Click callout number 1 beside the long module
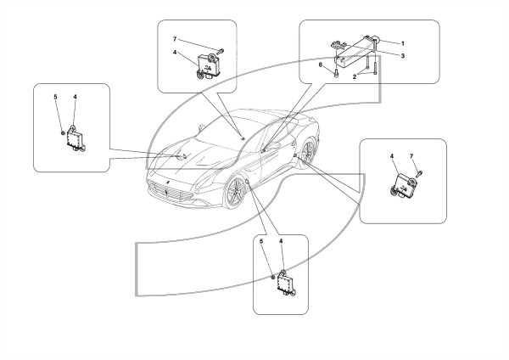[x=403, y=43]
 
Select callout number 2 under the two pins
[x=355, y=77]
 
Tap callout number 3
[x=403, y=56]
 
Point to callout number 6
[x=321, y=65]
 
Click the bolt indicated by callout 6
[x=337, y=73]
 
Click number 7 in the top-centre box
[x=175, y=39]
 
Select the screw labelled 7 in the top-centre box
[x=221, y=51]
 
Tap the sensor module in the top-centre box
[x=208, y=66]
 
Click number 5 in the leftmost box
[x=55, y=97]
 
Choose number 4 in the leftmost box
[x=75, y=97]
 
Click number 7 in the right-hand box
[x=411, y=156]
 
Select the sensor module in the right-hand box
[x=402, y=186]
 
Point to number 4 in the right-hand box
[x=392, y=156]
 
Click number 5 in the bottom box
[x=261, y=241]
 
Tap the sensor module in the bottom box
[x=286, y=283]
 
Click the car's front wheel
[x=236, y=193]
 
